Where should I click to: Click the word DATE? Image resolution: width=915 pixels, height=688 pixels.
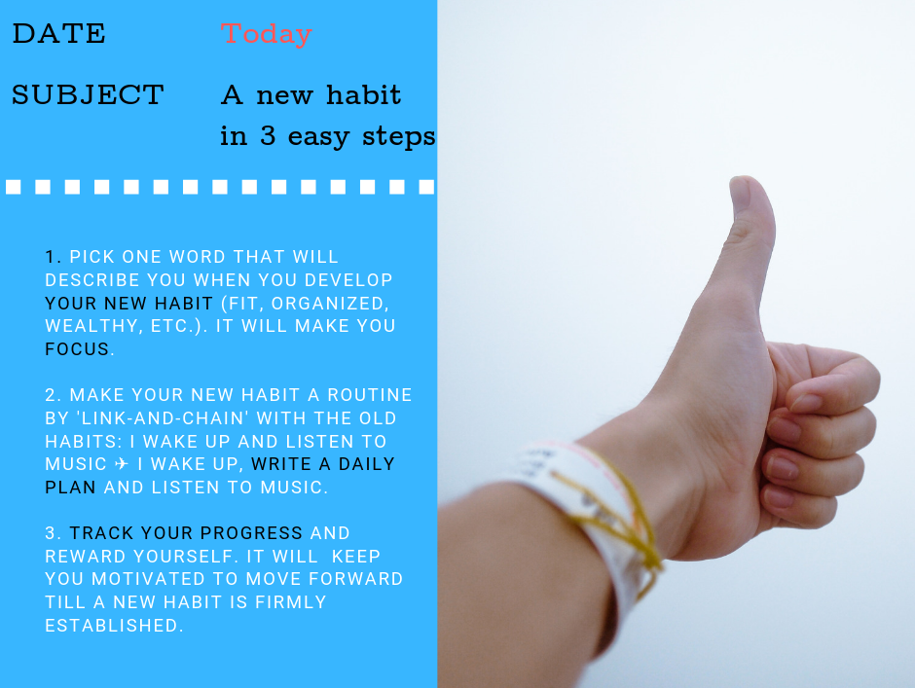click(59, 33)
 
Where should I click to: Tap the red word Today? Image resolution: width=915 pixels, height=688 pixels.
click(266, 34)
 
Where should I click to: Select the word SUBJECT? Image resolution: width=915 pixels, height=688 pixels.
click(88, 94)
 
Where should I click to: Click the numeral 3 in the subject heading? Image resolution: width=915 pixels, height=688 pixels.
click(268, 135)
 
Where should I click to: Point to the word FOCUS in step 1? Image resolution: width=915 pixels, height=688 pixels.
click(77, 349)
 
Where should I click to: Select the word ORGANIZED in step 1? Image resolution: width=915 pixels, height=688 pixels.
click(329, 304)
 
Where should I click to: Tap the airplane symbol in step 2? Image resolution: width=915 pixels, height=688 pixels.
click(122, 464)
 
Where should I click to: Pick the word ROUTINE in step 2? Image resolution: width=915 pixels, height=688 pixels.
click(370, 395)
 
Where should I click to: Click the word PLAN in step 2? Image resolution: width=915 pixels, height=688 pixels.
click(70, 488)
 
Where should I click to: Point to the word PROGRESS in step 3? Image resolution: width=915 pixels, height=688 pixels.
click(251, 533)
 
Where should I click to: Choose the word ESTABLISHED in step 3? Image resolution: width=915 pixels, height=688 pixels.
click(112, 626)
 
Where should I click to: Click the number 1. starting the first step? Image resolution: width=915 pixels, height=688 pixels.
click(54, 257)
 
